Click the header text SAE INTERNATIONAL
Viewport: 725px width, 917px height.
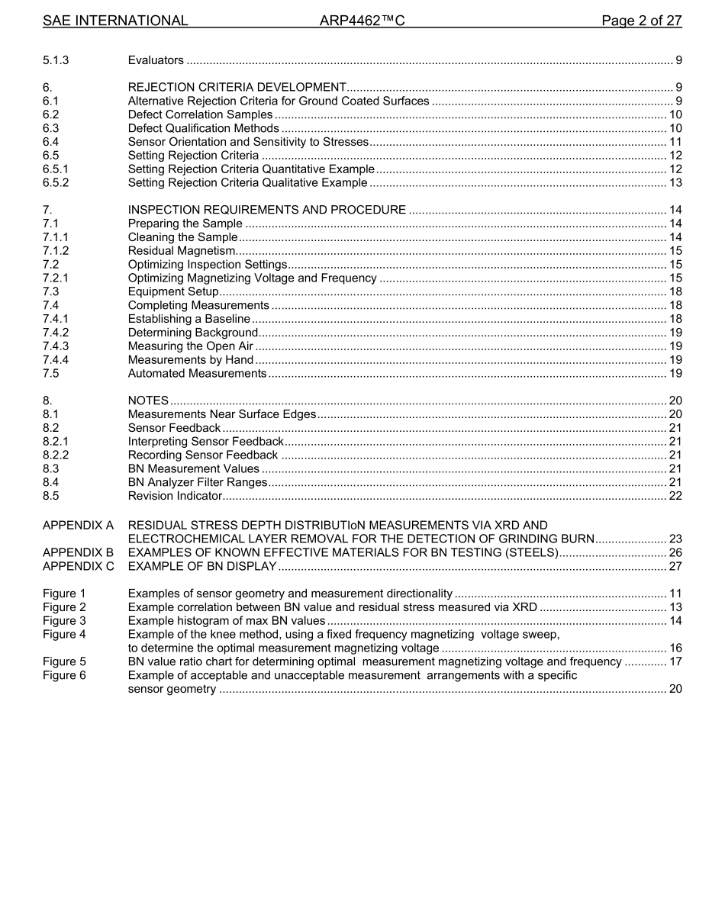tap(115, 21)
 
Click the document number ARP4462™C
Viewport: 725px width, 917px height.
tap(362, 21)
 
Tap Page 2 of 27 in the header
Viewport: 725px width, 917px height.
tap(641, 21)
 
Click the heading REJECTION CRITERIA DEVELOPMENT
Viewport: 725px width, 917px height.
tap(237, 87)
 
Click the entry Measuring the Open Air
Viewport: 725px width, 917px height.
tap(190, 346)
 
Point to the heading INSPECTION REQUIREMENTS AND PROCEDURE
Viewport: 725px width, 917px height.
tap(266, 210)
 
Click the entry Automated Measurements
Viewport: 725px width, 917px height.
tap(197, 374)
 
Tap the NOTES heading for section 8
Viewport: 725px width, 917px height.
tap(148, 401)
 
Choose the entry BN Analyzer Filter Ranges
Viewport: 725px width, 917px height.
tap(198, 482)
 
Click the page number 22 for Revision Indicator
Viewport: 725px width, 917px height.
tap(675, 496)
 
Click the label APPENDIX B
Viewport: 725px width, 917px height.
tap(78, 552)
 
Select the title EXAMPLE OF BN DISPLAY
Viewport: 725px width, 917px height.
tap(202, 566)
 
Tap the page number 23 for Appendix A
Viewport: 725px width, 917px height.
tap(675, 539)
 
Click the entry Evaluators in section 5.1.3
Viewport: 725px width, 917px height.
tap(156, 60)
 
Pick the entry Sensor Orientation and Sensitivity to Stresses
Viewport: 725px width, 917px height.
tap(248, 142)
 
